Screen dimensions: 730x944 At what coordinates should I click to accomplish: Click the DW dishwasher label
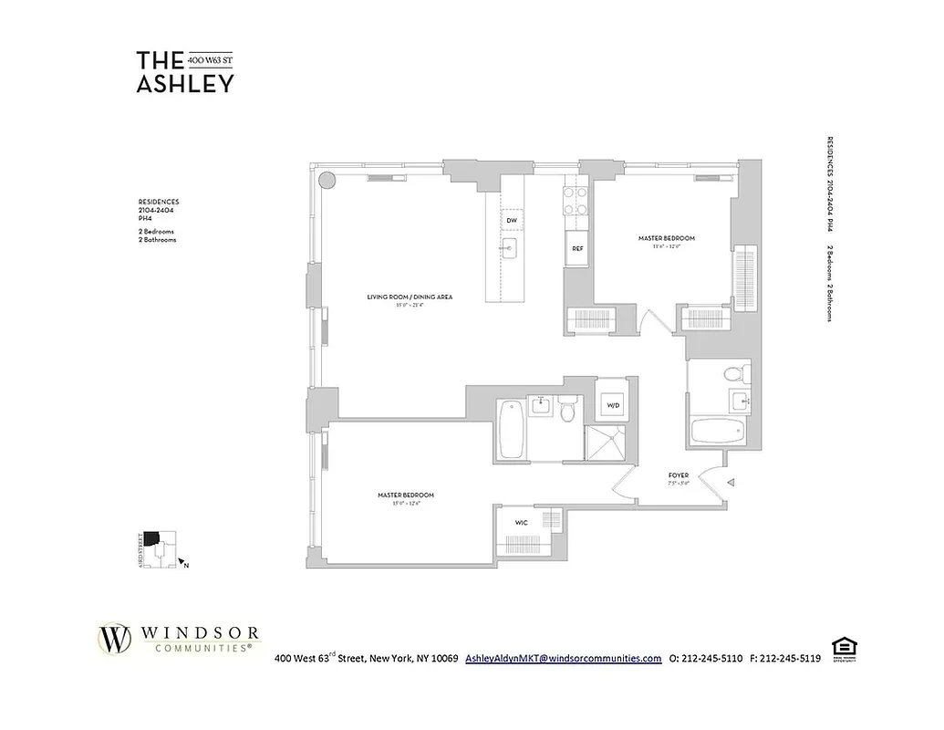(x=512, y=221)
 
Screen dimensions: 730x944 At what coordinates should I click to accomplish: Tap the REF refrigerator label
(x=577, y=248)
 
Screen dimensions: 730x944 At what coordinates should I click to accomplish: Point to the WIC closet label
(x=521, y=523)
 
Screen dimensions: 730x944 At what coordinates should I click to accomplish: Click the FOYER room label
(x=678, y=475)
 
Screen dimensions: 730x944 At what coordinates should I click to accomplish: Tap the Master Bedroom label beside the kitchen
(x=666, y=238)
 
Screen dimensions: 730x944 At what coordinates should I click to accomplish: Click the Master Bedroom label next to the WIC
(x=405, y=495)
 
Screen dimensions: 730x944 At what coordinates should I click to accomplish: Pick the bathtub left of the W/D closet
(x=512, y=432)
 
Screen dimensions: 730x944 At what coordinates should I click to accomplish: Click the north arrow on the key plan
(x=181, y=562)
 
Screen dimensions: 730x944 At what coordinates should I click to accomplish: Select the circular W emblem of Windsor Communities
(x=115, y=639)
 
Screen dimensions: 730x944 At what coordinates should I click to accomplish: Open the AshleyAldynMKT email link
(x=563, y=658)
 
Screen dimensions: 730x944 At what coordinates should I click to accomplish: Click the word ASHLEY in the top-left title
(x=185, y=83)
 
